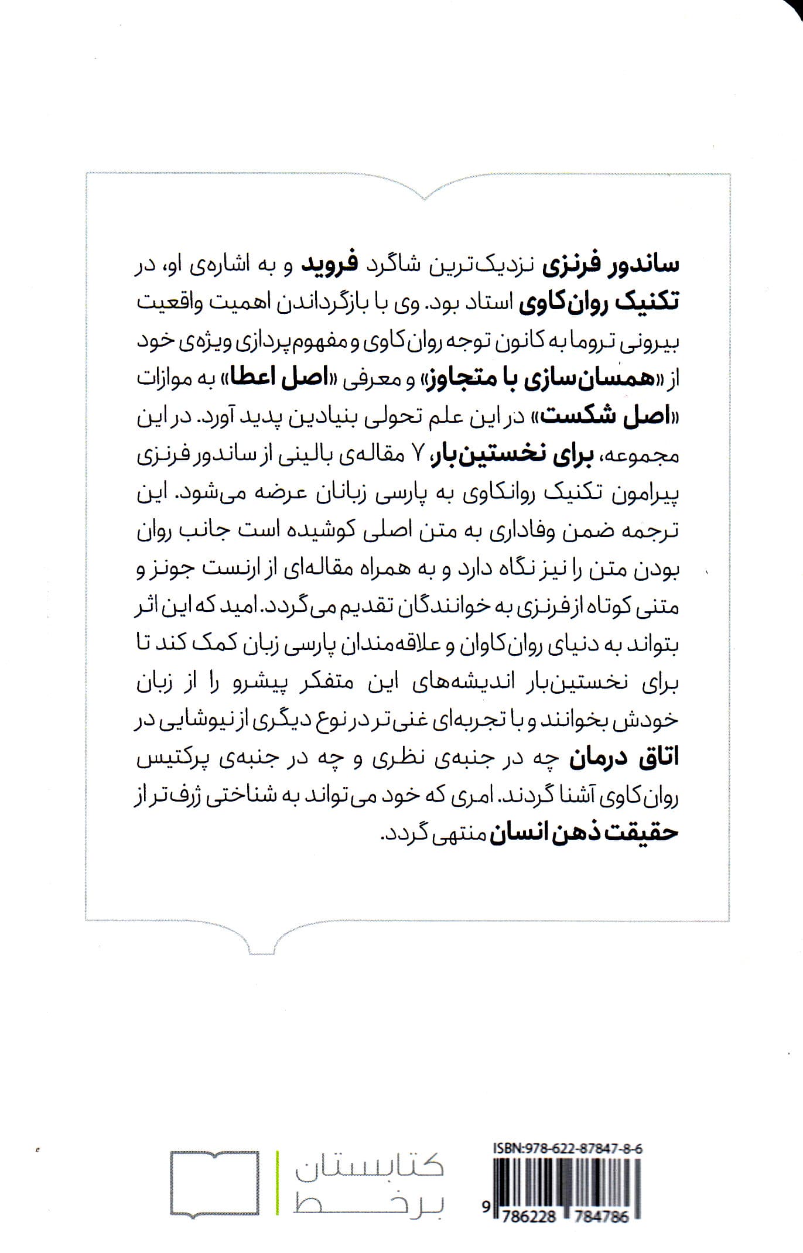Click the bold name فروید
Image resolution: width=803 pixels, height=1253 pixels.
(324, 265)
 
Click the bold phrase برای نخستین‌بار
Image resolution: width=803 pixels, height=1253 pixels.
(496, 454)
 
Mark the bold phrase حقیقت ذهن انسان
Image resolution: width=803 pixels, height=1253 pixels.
(583, 833)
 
